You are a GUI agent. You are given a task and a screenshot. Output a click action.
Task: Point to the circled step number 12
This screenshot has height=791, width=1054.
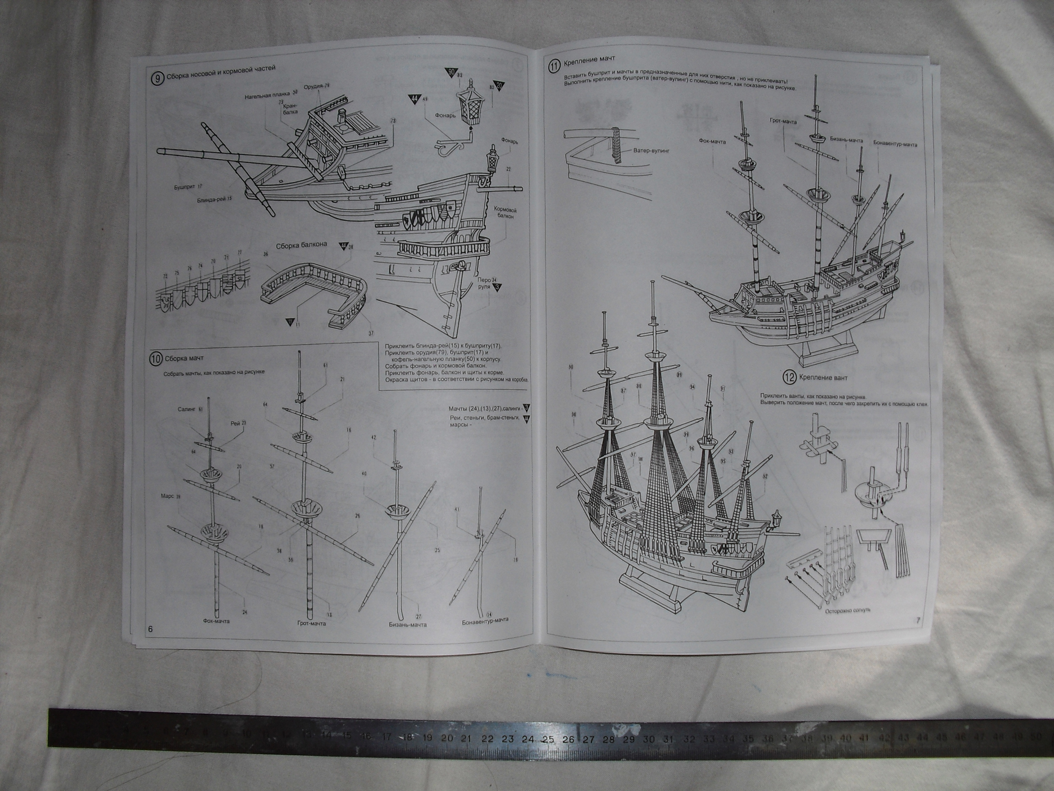tap(789, 377)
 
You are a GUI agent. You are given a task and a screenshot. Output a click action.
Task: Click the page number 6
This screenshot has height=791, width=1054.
tap(150, 629)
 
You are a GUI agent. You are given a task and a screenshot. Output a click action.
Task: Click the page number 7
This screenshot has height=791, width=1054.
tap(917, 620)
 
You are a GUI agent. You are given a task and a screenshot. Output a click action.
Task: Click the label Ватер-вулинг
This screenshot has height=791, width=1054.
tap(650, 151)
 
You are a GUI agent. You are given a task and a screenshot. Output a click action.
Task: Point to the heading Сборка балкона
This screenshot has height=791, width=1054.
tap(301, 245)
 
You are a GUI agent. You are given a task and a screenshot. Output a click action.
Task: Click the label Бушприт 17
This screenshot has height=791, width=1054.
tap(188, 186)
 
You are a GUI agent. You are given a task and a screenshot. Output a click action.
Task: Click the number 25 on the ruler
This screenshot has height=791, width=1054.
tap(548, 739)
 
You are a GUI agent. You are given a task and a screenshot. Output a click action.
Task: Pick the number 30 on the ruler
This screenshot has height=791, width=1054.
tap(648, 739)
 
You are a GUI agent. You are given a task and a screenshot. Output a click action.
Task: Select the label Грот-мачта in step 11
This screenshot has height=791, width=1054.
tap(783, 121)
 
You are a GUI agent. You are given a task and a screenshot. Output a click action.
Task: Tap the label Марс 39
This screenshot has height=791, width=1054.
tap(170, 497)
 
